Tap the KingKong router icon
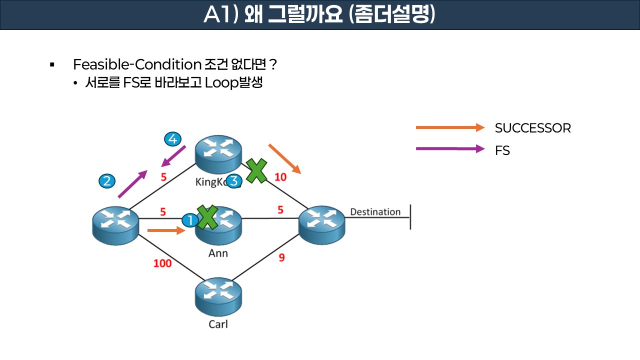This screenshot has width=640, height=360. [218, 154]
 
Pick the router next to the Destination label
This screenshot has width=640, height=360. [321, 226]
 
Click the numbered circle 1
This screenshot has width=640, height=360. [190, 220]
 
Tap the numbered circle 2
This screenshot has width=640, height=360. [106, 180]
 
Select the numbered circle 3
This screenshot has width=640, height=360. [233, 181]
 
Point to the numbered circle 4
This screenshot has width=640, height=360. [172, 139]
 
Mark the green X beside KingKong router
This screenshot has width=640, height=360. [256, 170]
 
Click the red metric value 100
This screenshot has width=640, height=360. [162, 263]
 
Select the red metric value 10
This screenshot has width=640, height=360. [280, 177]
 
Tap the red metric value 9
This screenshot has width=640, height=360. [281, 258]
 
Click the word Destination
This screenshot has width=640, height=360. [375, 212]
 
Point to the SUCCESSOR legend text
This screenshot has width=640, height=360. [532, 128]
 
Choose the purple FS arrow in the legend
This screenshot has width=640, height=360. [450, 149]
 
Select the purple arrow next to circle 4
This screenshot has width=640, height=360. [173, 156]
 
